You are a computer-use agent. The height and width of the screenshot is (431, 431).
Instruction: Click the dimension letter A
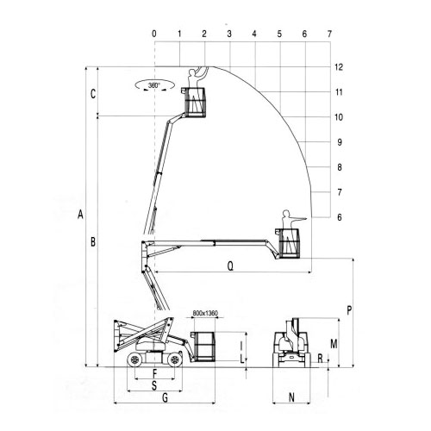tap(80, 215)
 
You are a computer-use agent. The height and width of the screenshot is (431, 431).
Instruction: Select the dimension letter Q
tap(230, 266)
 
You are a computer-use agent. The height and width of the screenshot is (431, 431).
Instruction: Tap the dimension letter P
tap(349, 310)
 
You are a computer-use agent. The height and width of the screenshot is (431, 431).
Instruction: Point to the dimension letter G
tap(166, 398)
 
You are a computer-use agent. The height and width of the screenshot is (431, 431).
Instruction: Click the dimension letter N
tap(291, 397)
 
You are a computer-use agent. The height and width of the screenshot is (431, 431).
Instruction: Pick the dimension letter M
tap(334, 344)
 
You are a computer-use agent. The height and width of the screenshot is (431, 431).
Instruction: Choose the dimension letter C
tap(93, 94)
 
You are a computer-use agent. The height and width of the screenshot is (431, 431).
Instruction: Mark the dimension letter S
tap(154, 385)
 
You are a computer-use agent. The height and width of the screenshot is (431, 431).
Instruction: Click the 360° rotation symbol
tap(154, 85)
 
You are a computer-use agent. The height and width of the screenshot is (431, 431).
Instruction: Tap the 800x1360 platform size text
tap(205, 313)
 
